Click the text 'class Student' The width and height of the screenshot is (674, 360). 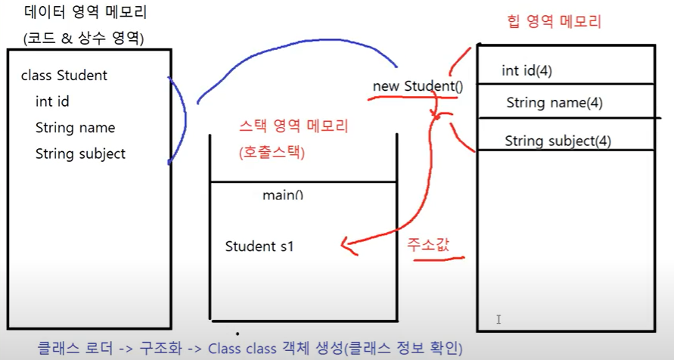pos(64,76)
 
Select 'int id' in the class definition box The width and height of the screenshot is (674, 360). pos(52,101)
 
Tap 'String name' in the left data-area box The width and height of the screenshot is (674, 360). pos(75,128)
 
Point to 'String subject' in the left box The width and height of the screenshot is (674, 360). pos(80,154)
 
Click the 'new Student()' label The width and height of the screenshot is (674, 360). pos(418,86)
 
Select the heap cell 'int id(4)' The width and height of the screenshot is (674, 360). pos(526,71)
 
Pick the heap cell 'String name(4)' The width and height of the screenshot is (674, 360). pos(554,103)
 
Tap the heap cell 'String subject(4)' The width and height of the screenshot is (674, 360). pos(558,141)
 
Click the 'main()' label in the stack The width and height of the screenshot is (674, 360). pos(282,195)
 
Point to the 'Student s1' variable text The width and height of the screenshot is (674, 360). pos(259,247)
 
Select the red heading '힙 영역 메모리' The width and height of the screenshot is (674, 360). pos(552,22)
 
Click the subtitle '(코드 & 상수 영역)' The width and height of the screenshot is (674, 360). pos(83,38)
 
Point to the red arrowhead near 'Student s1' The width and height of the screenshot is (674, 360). pos(345,244)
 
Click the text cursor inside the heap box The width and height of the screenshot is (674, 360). pos(499,319)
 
